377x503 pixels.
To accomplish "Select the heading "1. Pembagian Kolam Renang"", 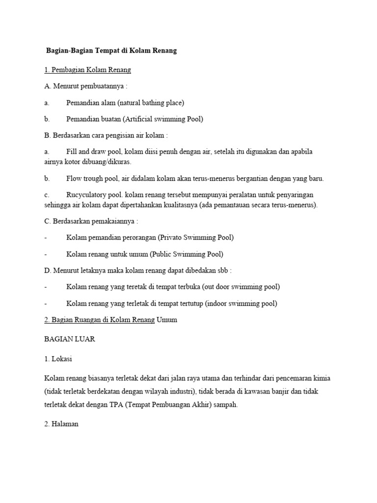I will [87, 70].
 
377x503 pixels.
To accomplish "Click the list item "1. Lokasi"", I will [58, 359].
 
